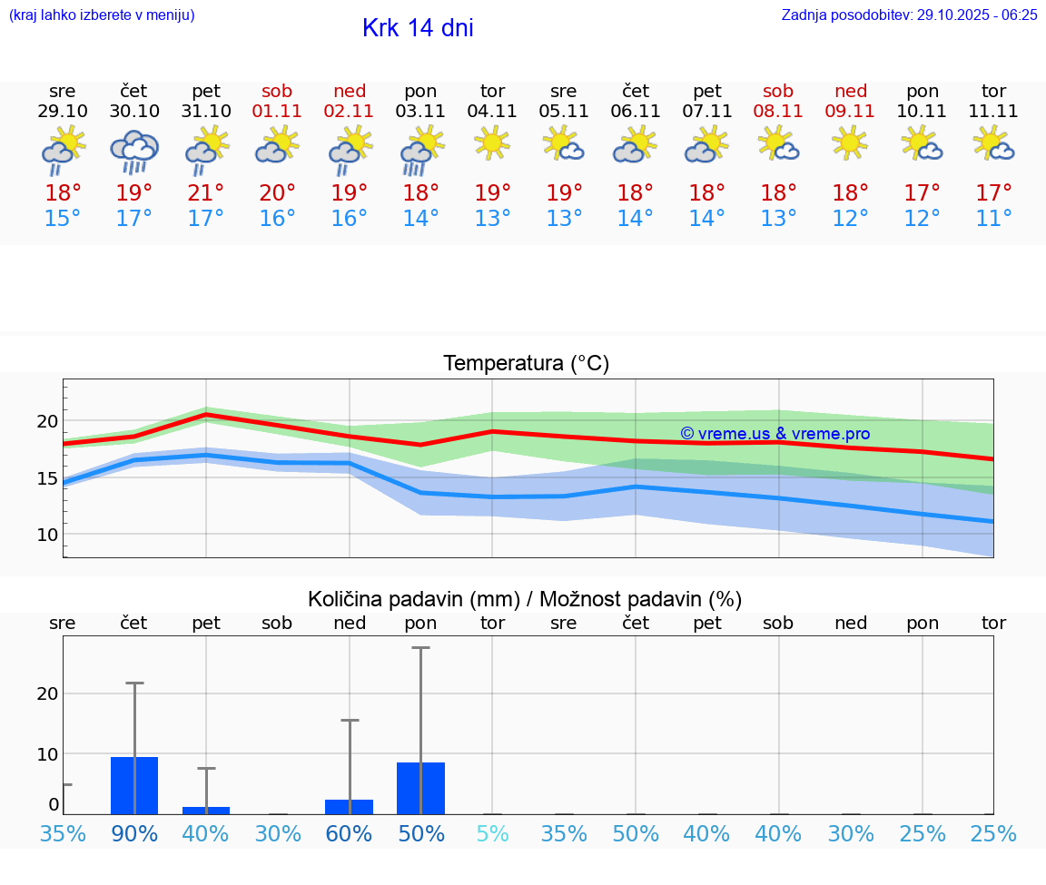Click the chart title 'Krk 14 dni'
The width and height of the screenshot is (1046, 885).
coord(418,28)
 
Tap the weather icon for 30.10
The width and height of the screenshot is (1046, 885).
coord(134,152)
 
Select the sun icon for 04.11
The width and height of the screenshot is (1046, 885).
coord(492,143)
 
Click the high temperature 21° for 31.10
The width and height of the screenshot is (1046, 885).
coord(206,193)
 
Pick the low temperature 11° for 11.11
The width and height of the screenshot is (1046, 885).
coord(993,219)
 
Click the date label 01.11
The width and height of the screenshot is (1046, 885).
coord(277,112)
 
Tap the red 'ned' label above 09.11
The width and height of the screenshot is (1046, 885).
coord(851,91)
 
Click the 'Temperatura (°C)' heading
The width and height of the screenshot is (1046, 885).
coord(526,364)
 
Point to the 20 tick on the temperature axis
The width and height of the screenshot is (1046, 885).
coord(48,421)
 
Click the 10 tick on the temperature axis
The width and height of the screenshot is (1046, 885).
coord(48,535)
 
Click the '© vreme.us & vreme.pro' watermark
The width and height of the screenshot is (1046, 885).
coord(775,434)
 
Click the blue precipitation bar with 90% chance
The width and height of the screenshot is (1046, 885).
coord(134,786)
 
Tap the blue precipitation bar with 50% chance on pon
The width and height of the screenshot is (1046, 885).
coord(420,789)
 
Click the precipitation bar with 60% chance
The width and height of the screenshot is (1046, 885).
coord(350,807)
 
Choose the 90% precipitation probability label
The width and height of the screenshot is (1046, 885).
coord(134,833)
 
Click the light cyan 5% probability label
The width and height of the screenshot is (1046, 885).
coord(492,833)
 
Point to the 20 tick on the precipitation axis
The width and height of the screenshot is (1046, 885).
coord(48,693)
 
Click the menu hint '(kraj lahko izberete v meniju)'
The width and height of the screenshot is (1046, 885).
coord(102,15)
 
